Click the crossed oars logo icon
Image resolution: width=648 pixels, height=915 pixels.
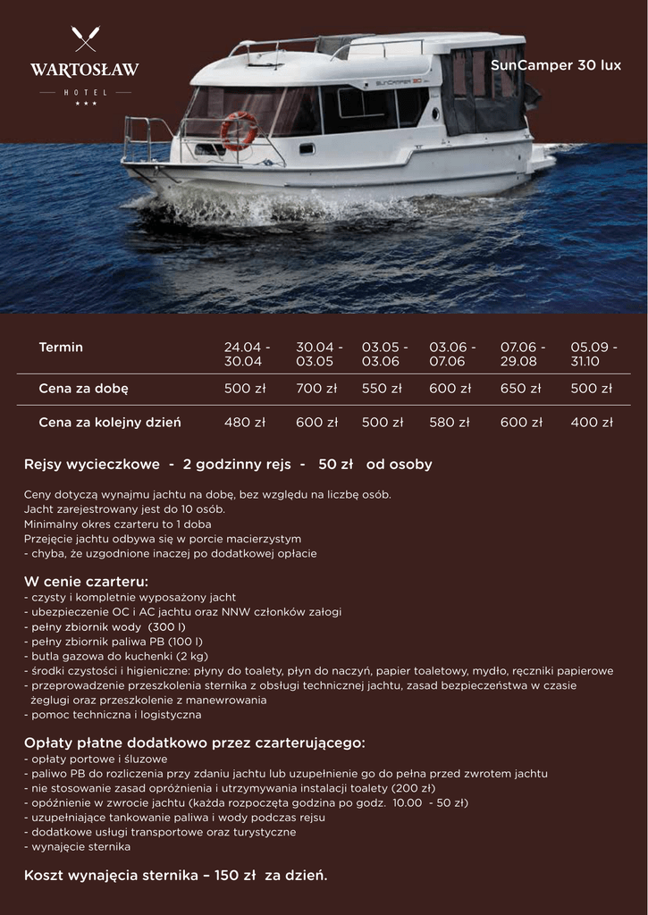click(85, 39)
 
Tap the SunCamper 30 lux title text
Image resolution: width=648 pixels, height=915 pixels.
click(555, 66)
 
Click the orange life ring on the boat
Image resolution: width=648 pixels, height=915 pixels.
click(239, 130)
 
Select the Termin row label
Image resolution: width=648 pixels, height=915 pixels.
click(61, 347)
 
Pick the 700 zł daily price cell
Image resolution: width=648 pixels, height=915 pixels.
click(316, 389)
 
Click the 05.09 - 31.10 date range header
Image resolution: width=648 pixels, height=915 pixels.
click(593, 354)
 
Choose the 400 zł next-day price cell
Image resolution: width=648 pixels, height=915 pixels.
click(592, 423)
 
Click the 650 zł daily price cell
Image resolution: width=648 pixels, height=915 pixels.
click(520, 389)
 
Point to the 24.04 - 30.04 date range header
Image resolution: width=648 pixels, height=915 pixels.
click(247, 354)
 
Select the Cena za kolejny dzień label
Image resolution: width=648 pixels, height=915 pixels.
click(110, 423)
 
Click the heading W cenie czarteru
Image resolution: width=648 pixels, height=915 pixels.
click(86, 582)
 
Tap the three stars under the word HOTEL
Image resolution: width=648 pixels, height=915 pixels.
click(86, 104)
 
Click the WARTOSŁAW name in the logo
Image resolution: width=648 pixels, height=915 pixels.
click(85, 70)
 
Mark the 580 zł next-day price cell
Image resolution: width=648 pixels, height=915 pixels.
click(449, 423)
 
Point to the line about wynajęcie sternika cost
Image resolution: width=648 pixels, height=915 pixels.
click(175, 875)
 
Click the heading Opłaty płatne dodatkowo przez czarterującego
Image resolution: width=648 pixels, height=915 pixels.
click(195, 743)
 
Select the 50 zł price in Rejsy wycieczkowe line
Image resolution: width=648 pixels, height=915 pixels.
click(336, 465)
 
